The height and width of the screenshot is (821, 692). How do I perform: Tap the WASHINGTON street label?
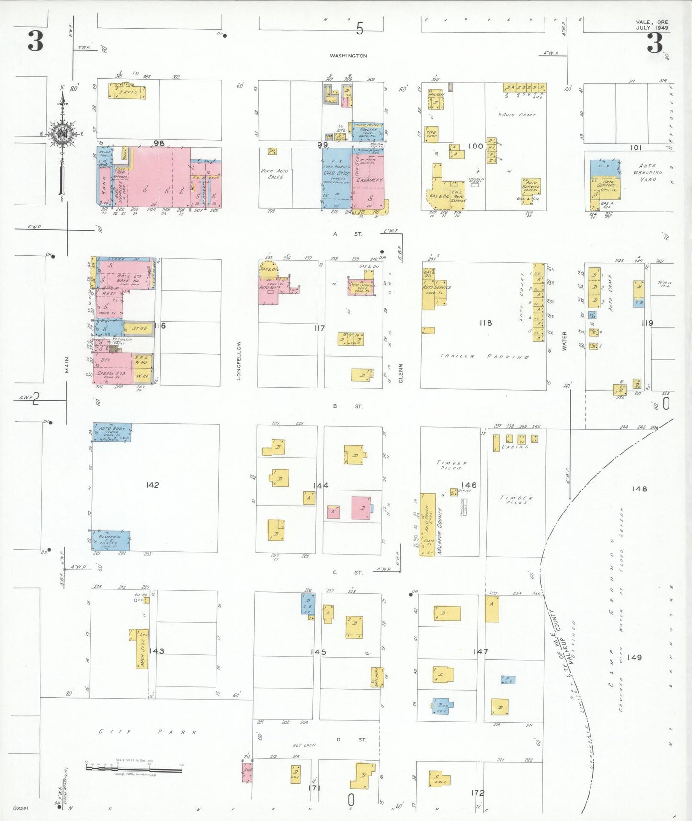point(349,56)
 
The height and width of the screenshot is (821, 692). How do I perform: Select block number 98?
point(159,143)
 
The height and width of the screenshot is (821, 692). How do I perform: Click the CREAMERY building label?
point(369,180)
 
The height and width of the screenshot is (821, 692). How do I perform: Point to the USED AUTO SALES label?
point(275,174)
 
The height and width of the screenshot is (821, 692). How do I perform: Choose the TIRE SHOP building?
point(431,135)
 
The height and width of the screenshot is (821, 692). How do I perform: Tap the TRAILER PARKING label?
point(484,357)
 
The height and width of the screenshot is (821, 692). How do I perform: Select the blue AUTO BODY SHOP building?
point(112,432)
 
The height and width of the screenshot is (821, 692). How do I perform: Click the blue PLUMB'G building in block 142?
point(111,541)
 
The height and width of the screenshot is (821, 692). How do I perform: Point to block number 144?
point(320,486)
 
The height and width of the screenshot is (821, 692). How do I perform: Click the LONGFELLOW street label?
point(238,361)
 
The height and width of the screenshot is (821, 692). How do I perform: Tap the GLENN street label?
point(401,373)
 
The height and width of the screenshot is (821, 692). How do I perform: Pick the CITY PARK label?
point(147,732)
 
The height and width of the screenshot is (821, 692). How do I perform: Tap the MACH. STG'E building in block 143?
point(141,649)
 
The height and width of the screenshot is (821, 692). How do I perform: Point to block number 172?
point(477,793)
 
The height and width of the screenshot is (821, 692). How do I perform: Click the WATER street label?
point(564,341)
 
